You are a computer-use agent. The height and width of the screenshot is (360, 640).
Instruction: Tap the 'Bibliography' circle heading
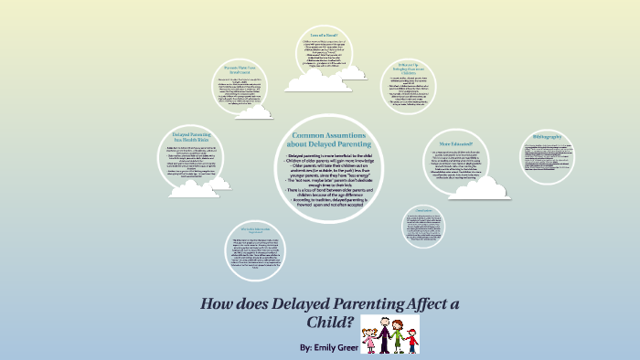click(547, 136)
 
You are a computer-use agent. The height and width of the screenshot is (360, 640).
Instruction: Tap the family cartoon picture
click(389, 334)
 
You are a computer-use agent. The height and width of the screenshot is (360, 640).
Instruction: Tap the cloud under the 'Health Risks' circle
click(196, 186)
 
